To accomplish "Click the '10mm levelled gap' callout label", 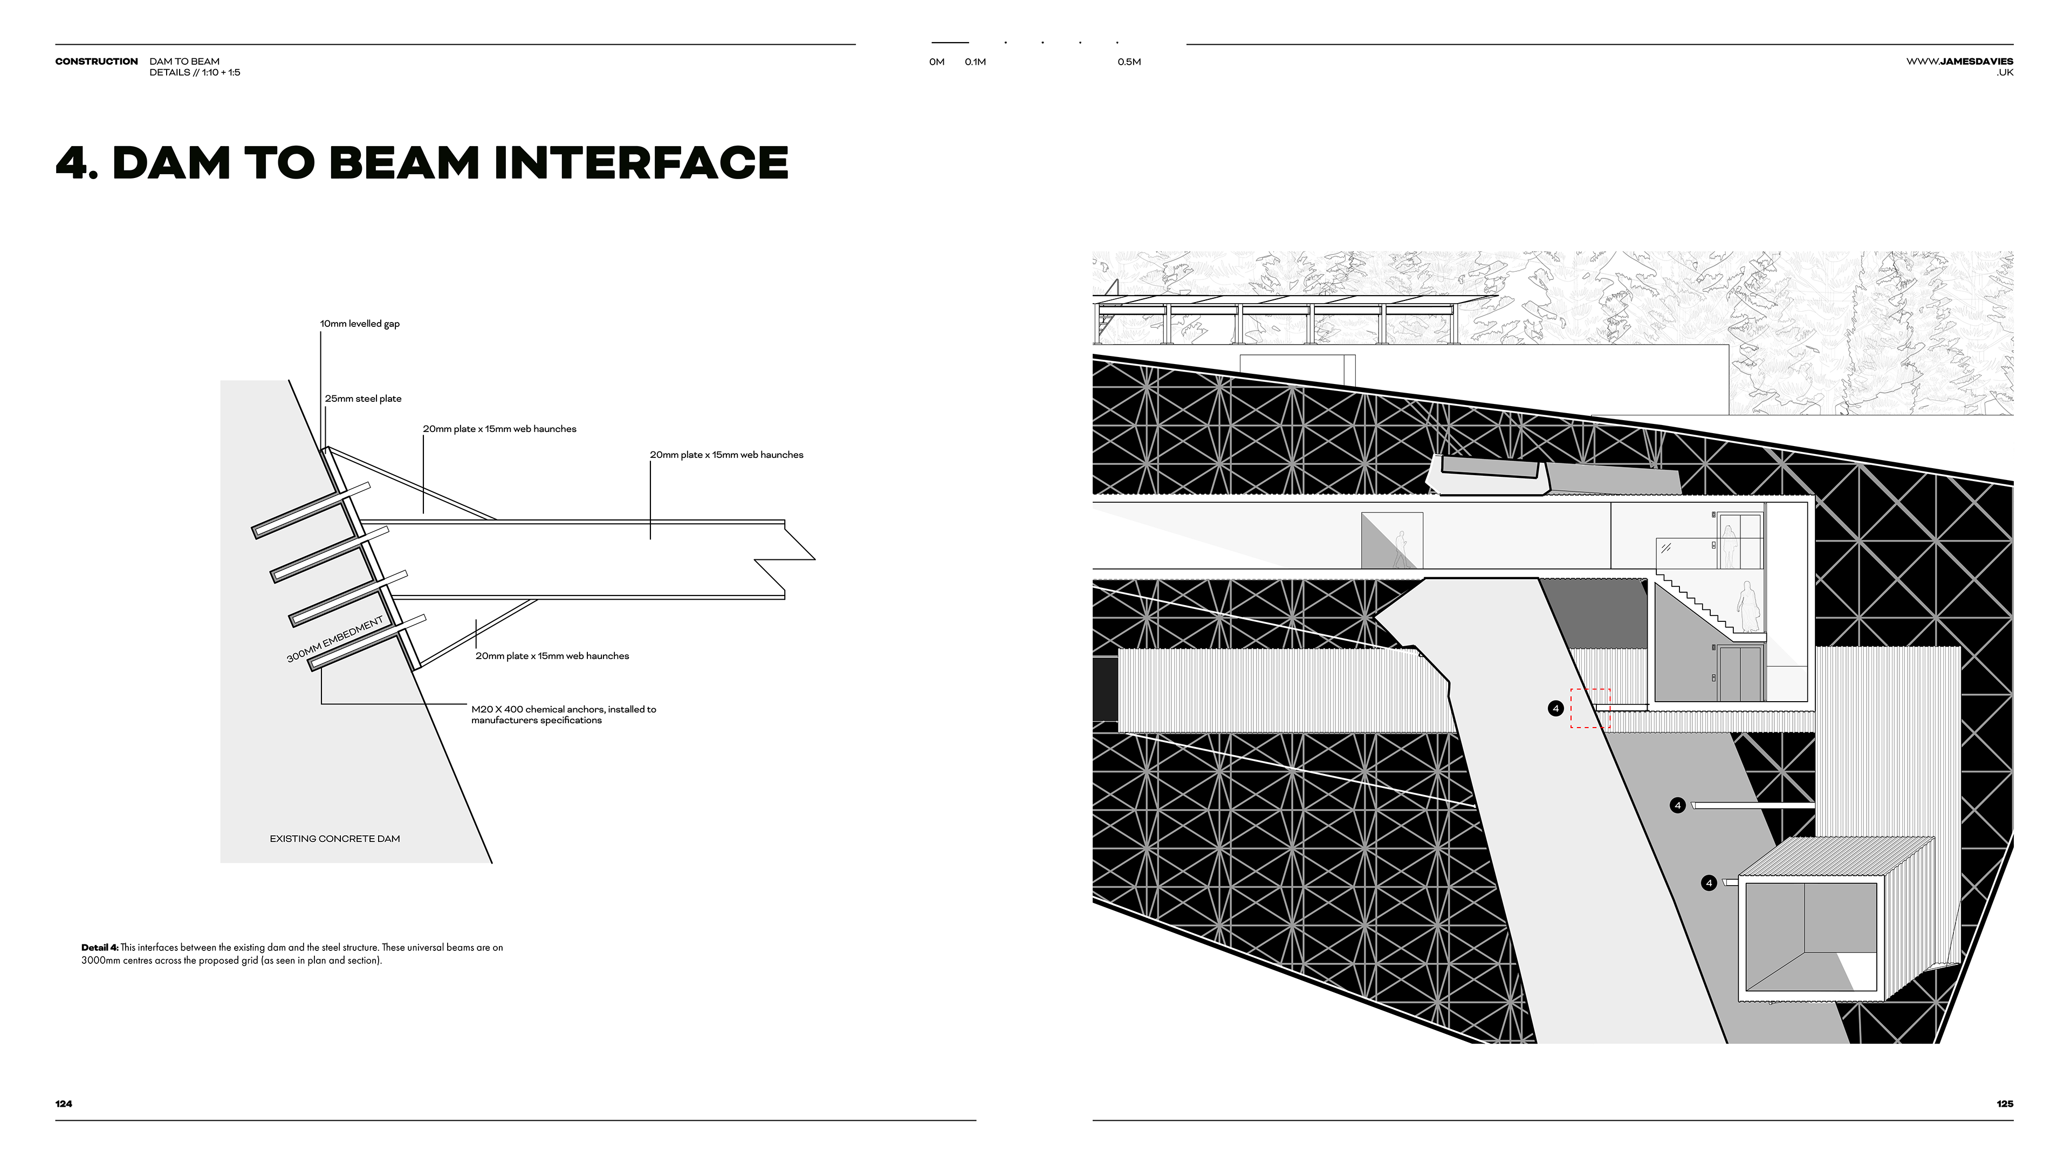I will click(359, 324).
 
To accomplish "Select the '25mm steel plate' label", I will click(362, 399).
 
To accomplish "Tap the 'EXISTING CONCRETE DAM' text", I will click(334, 839).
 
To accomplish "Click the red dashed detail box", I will click(1590, 708).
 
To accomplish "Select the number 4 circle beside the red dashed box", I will click(1555, 708).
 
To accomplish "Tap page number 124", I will click(64, 1104).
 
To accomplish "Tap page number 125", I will click(2004, 1104).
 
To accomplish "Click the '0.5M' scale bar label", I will click(1129, 62).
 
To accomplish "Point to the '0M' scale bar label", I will click(937, 62).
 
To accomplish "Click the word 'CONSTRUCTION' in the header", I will click(97, 61).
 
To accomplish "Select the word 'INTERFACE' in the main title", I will click(641, 163).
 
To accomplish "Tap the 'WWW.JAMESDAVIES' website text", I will click(1959, 61).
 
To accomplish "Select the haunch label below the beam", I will click(552, 656).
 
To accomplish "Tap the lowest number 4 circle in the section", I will click(1709, 883).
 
